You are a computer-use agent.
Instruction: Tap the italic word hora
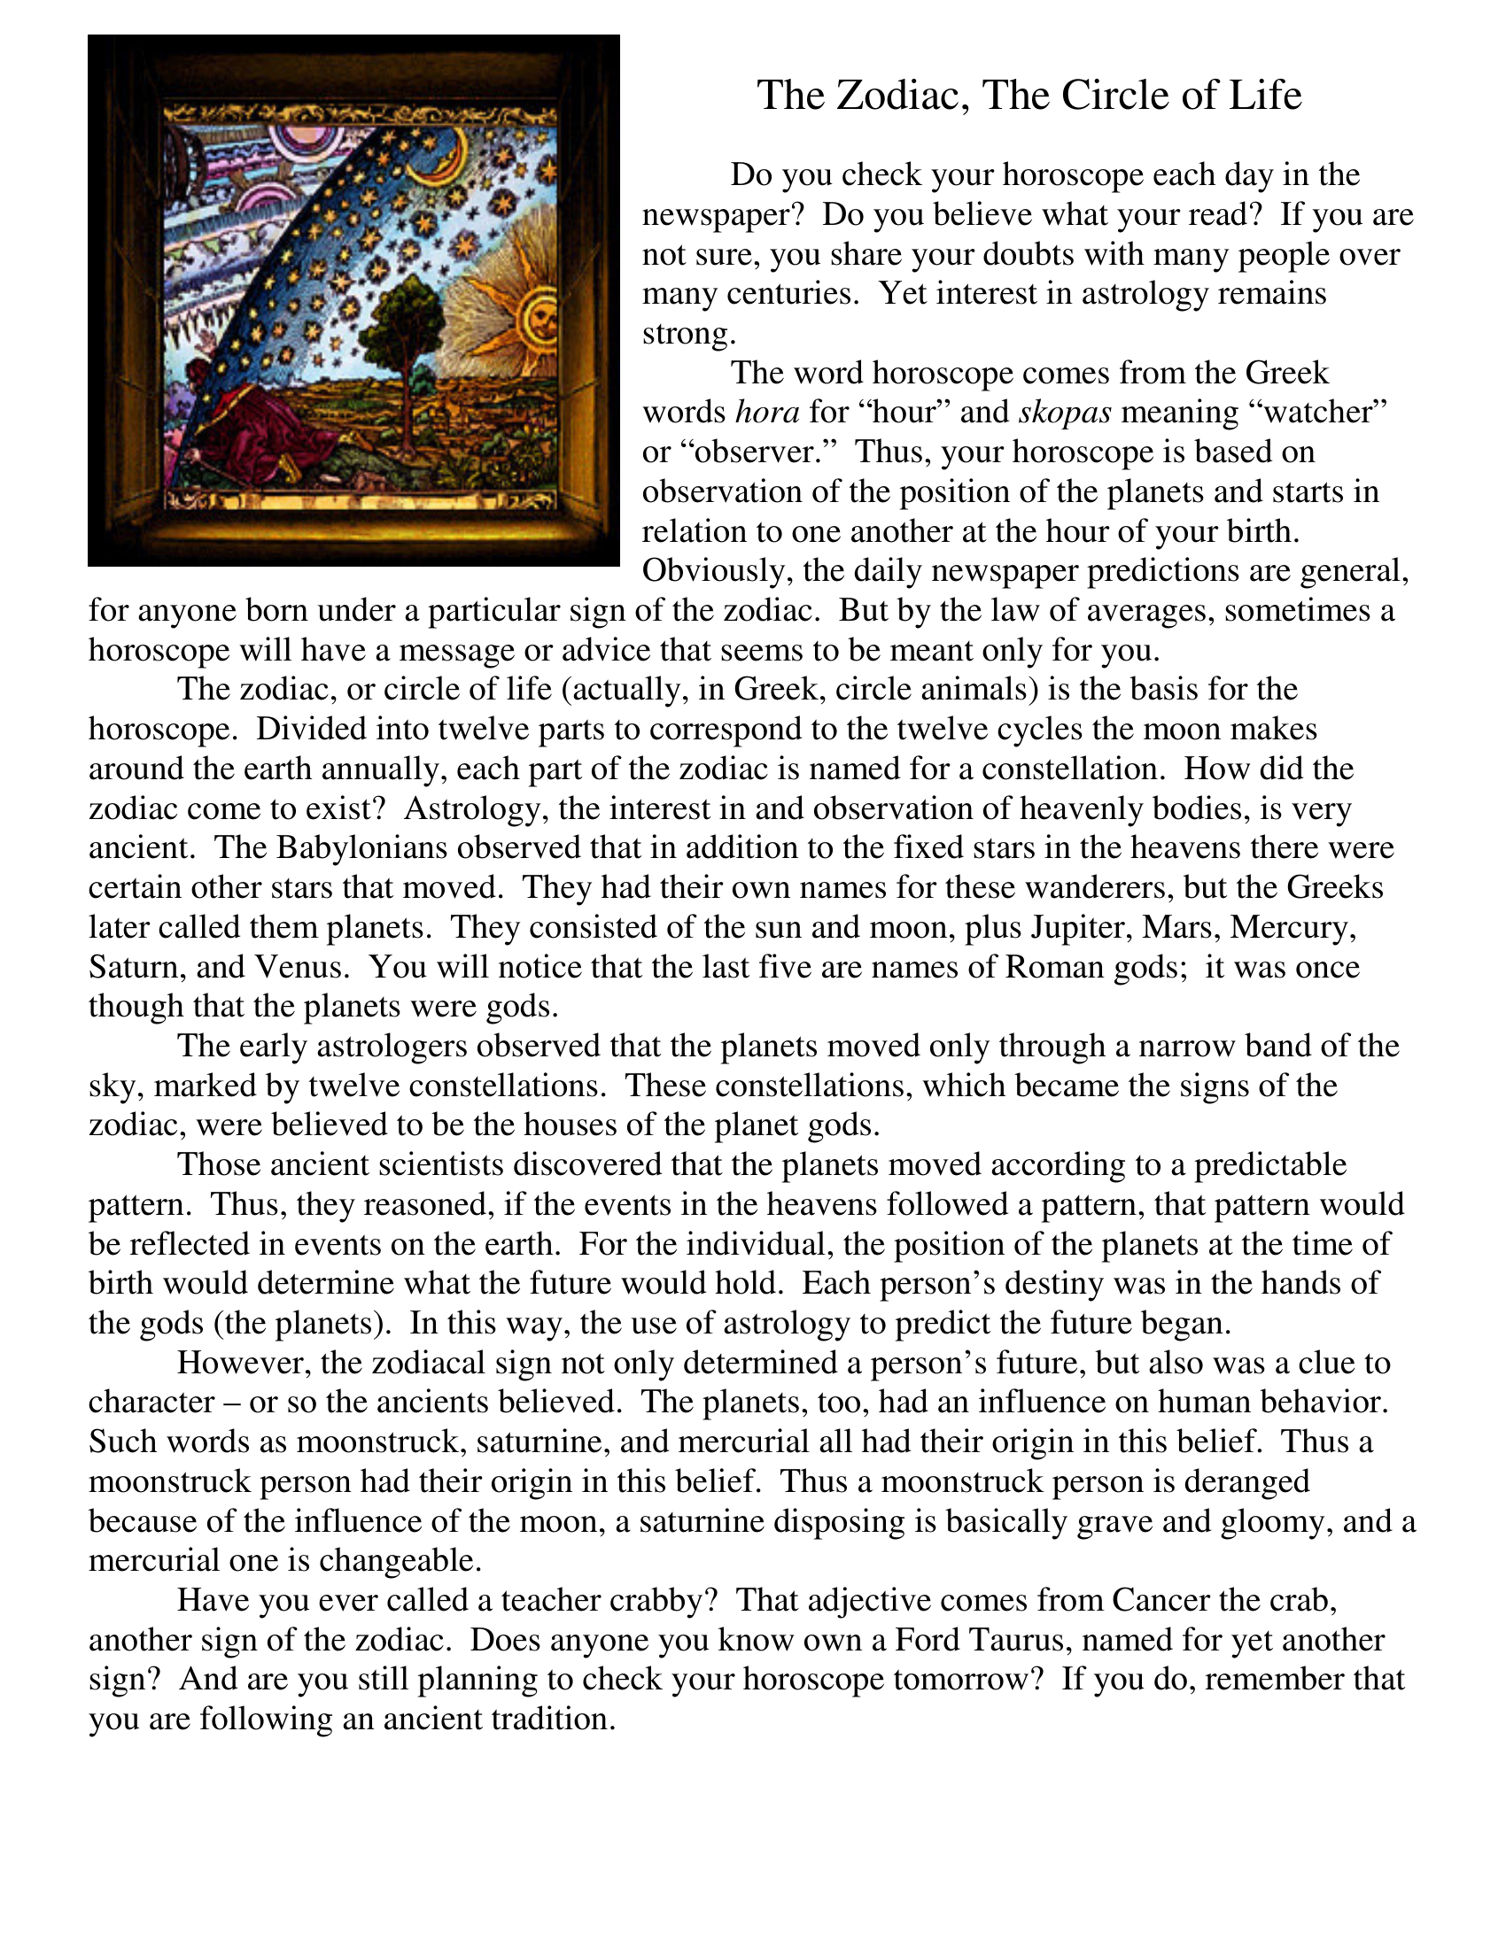point(767,412)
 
